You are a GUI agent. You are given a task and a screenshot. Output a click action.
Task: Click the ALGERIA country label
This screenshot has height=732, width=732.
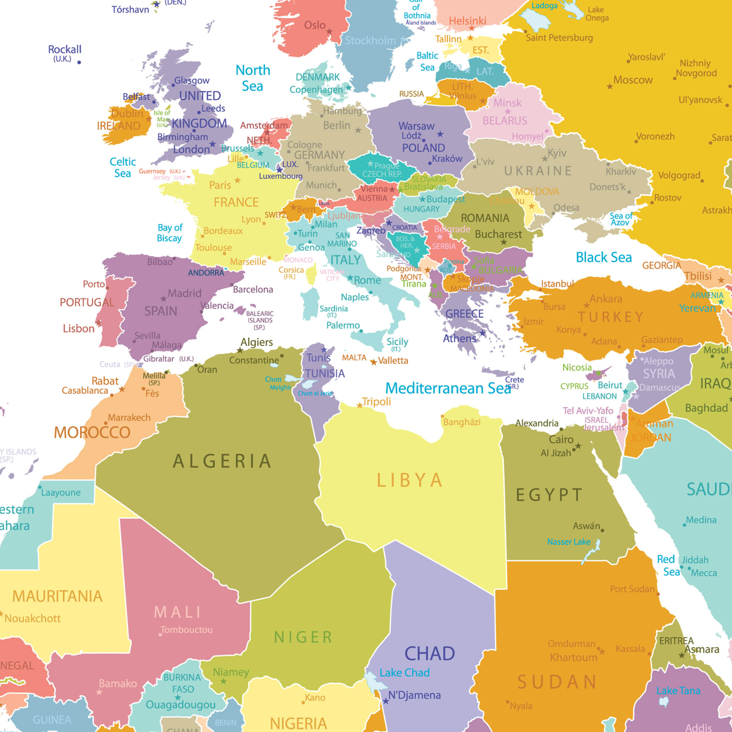222,461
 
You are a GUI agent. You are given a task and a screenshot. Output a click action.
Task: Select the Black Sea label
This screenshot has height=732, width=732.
604,257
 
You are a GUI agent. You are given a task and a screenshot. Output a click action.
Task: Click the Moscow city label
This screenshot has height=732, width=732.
633,80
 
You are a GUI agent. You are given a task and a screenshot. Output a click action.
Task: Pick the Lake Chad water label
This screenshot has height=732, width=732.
404,672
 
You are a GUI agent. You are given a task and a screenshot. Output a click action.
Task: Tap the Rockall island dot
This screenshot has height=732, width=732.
79,62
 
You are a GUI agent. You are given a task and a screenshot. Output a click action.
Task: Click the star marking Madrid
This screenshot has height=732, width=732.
163,299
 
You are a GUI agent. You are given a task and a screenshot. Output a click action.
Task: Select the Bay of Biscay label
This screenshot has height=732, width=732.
169,233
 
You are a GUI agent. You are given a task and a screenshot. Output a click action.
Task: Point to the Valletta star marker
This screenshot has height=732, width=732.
374,362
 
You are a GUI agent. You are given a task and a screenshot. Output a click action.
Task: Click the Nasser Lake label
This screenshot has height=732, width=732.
568,542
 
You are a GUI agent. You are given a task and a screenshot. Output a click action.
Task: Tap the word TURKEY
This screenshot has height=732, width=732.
610,317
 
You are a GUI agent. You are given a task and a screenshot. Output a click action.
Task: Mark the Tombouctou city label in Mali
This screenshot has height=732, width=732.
186,630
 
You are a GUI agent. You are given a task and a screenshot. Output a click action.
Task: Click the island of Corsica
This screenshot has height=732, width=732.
311,275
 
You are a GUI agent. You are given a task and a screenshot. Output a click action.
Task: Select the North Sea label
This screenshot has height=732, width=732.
253,78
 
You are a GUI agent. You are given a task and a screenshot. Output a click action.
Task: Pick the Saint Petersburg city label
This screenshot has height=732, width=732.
559,38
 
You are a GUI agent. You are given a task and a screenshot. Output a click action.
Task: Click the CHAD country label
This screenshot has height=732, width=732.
429,654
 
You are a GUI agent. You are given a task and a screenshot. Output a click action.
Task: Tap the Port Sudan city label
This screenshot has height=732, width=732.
632,589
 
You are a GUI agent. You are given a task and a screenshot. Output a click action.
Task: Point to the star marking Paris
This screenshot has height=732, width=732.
238,180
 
